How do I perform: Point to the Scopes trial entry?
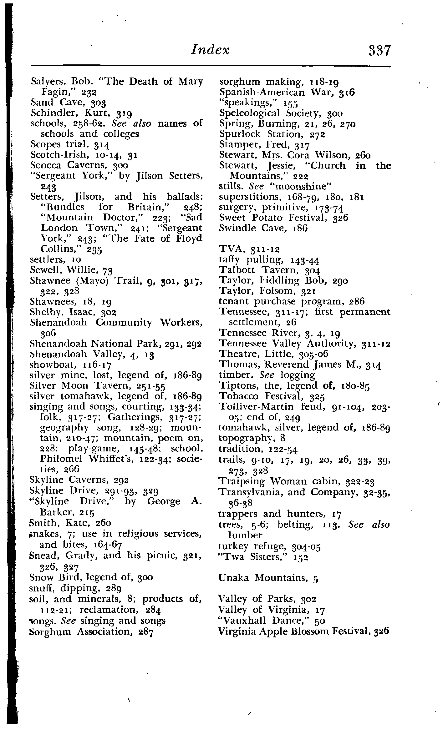click(61, 144)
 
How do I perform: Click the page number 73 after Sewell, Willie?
click(108, 270)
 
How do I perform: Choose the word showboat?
click(47, 365)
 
